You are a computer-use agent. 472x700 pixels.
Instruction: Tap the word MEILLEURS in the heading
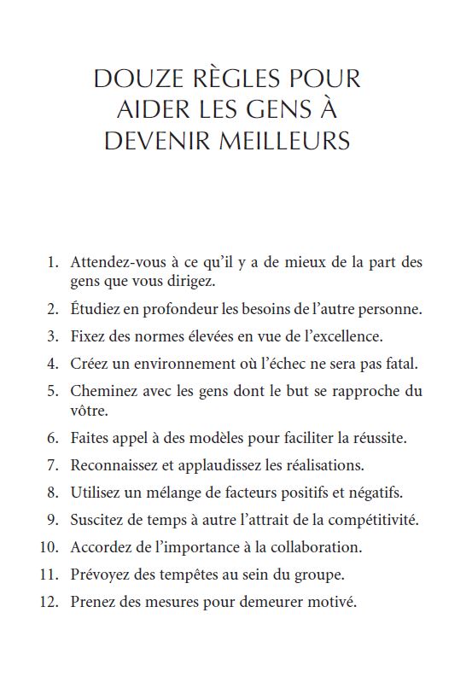pyautogui.click(x=292, y=141)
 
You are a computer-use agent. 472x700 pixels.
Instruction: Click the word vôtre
pyautogui.click(x=90, y=411)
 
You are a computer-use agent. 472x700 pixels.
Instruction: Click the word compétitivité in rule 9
pyautogui.click(x=375, y=519)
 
